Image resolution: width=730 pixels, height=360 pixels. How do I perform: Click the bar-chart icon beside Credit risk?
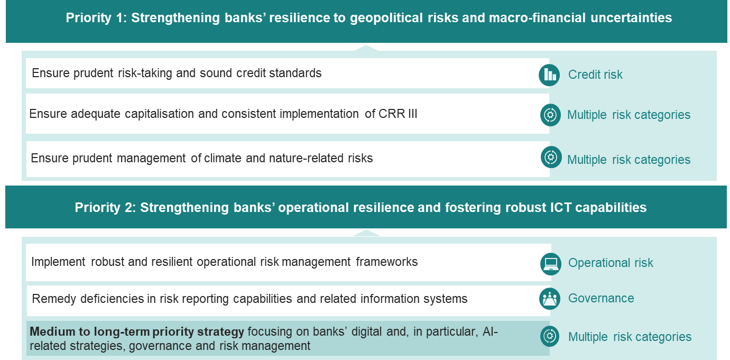coord(549,75)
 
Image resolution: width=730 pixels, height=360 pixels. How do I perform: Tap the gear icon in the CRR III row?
coord(550,115)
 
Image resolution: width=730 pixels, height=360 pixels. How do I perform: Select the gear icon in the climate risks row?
coord(551,158)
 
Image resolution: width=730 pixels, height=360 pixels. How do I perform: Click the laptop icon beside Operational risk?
coord(551,264)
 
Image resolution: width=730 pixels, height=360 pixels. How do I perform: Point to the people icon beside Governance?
coord(550,299)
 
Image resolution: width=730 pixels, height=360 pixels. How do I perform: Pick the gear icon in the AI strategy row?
coord(550,336)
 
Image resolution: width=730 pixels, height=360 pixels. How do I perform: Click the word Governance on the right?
coord(601,299)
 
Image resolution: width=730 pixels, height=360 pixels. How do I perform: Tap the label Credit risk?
coord(595,75)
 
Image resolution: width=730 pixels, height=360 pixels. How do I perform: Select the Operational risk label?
coord(611,263)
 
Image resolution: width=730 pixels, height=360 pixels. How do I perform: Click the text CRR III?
coord(398,114)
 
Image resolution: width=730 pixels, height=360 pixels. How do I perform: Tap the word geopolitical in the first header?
coord(386,18)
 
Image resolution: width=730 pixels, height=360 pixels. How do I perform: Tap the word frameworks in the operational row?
coord(387,262)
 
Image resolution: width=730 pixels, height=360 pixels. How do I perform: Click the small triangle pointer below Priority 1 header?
coord(366,48)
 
